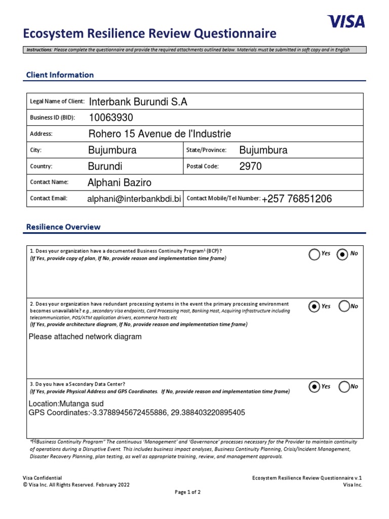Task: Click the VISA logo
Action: tap(346, 21)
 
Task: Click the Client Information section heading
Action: tap(60, 75)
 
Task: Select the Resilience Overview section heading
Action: tap(63, 227)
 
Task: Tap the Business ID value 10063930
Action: tap(111, 118)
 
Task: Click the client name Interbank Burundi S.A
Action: tap(138, 102)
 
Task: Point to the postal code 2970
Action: tap(251, 166)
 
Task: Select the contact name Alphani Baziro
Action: tap(120, 182)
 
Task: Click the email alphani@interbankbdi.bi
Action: tap(134, 199)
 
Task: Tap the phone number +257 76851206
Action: tap(297, 199)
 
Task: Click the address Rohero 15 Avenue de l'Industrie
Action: tap(160, 134)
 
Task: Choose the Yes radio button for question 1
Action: tap(315, 254)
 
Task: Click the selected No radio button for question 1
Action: tap(343, 254)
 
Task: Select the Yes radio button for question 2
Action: tap(315, 306)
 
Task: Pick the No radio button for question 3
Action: tap(344, 387)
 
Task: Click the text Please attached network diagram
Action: tap(85, 337)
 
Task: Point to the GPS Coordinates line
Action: tap(137, 413)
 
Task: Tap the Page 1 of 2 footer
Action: tap(187, 492)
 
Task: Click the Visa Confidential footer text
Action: tap(43, 477)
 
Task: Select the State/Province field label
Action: tap(206, 150)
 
